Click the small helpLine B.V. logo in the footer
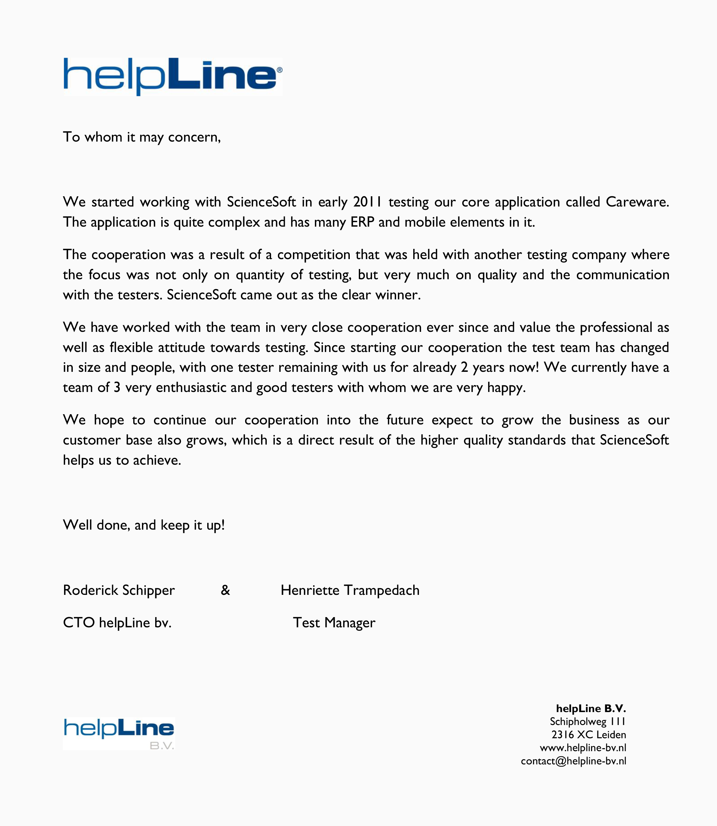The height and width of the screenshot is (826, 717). tap(119, 733)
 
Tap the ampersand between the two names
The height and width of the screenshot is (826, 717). tap(225, 590)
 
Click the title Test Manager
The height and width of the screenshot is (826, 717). tap(334, 623)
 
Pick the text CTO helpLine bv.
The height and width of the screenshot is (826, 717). tap(117, 623)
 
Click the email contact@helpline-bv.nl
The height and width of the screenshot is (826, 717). tap(573, 761)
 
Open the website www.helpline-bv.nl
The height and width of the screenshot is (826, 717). tap(583, 748)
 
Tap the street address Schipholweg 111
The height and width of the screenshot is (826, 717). tap(587, 722)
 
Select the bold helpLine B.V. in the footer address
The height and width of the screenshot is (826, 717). tap(591, 708)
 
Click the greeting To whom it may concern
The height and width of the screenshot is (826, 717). tap(142, 137)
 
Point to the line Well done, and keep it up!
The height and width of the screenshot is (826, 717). tap(144, 525)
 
